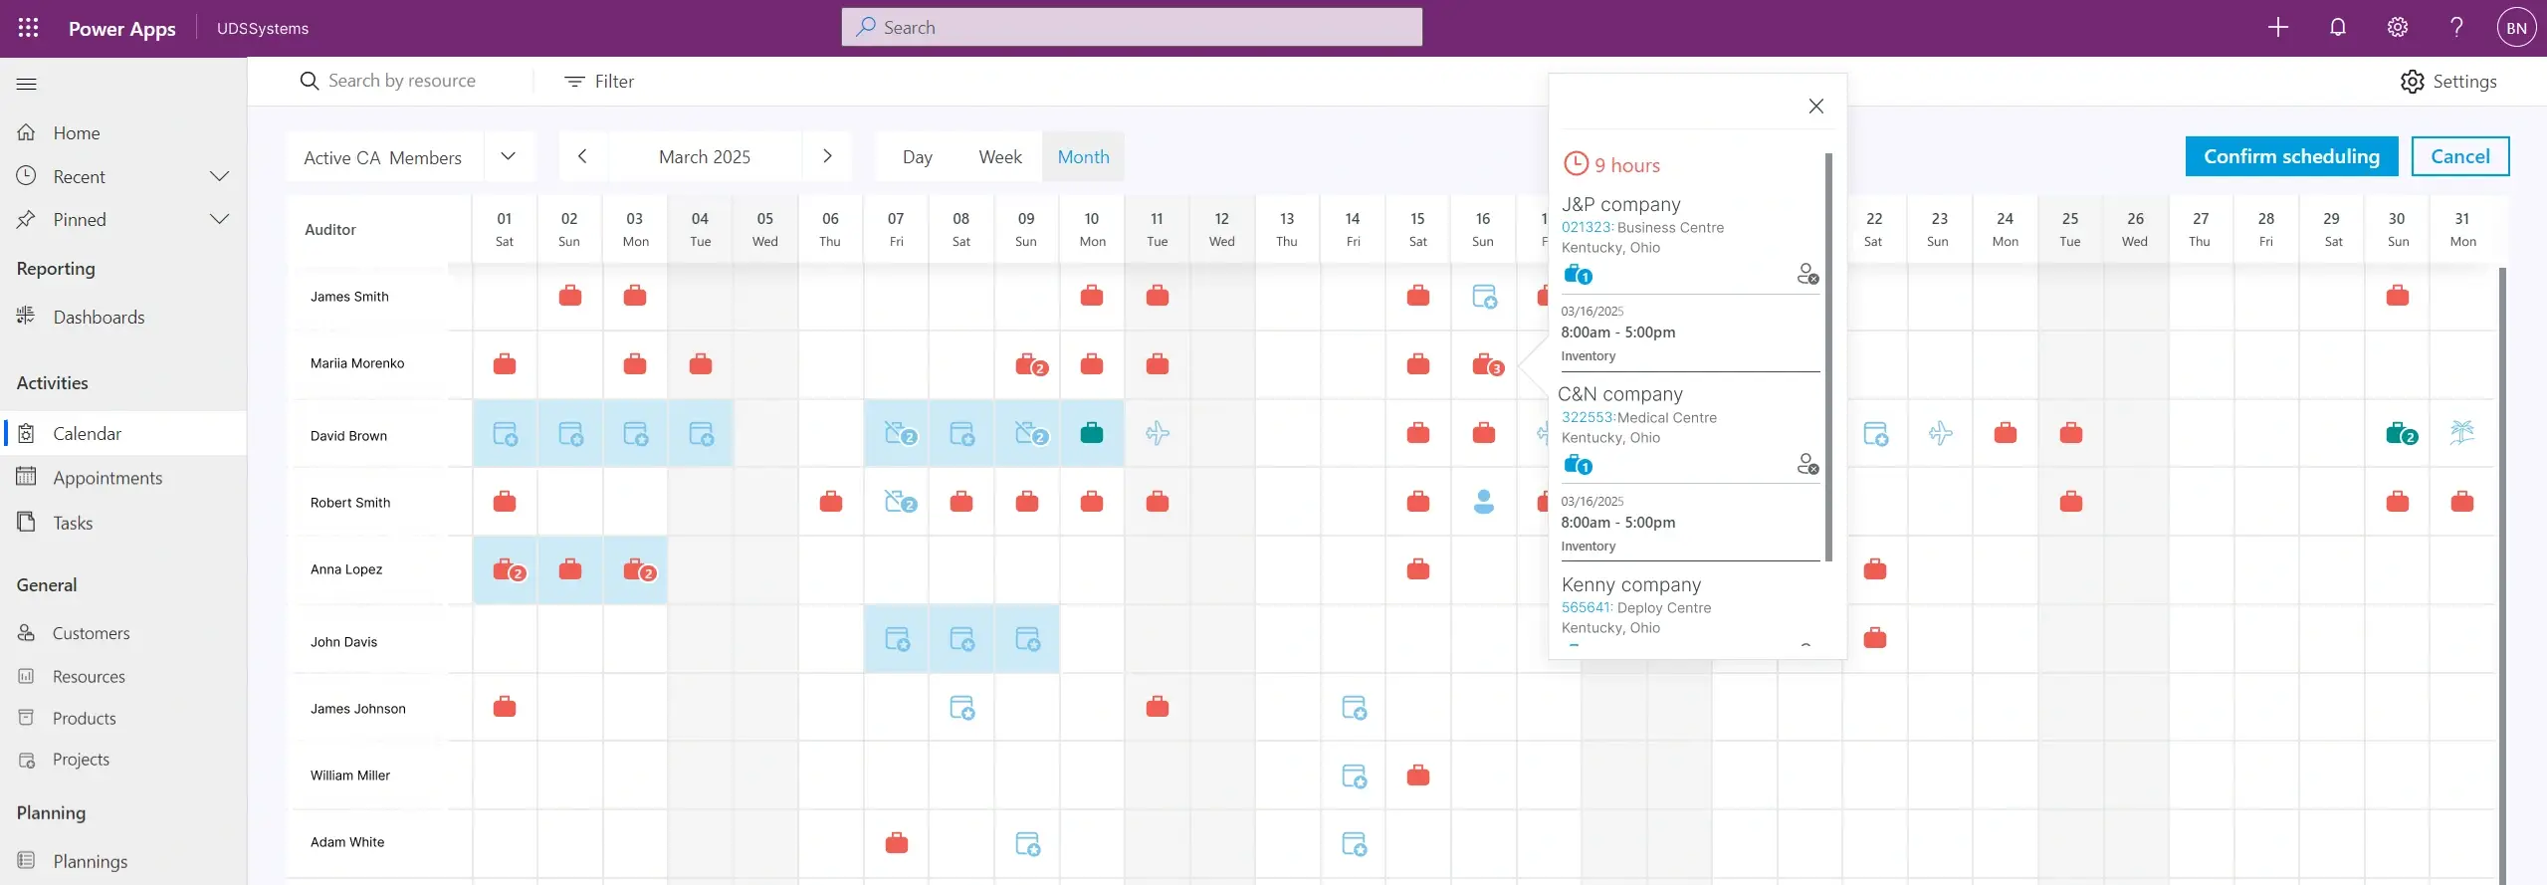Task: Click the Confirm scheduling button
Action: pyautogui.click(x=2290, y=156)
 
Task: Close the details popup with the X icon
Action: pyautogui.click(x=1815, y=107)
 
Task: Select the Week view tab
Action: pyautogui.click(x=999, y=157)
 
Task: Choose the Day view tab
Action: pyautogui.click(x=917, y=157)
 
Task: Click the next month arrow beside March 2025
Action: pyautogui.click(x=827, y=156)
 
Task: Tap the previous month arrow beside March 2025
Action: pyautogui.click(x=582, y=156)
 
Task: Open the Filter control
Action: pyautogui.click(x=599, y=82)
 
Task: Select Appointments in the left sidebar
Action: pyautogui.click(x=107, y=478)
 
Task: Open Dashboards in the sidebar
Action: pyautogui.click(x=99, y=318)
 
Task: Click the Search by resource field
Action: pyautogui.click(x=402, y=82)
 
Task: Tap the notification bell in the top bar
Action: pyautogui.click(x=2337, y=28)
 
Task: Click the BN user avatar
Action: pyautogui.click(x=2515, y=28)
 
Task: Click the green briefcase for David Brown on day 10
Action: pyautogui.click(x=1092, y=433)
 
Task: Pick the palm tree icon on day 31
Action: pyautogui.click(x=2461, y=432)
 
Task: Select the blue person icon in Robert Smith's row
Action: pyautogui.click(x=1483, y=502)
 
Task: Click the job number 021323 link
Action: pyautogui.click(x=1586, y=228)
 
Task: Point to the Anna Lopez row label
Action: pyautogui.click(x=346, y=569)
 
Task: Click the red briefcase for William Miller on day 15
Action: pyautogui.click(x=1417, y=775)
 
